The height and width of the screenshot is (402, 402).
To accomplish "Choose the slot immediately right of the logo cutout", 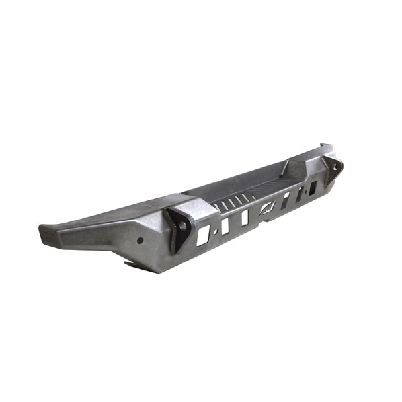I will pyautogui.click(x=285, y=200).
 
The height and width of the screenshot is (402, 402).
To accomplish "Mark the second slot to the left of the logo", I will pyautogui.click(x=225, y=225).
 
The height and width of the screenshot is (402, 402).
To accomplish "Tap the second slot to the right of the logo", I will pyautogui.click(x=300, y=194).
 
